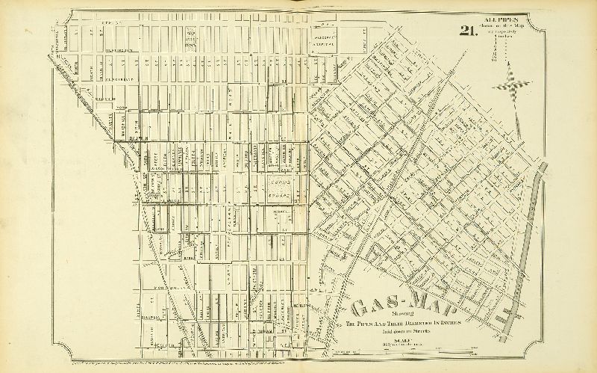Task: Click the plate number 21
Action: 468,31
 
